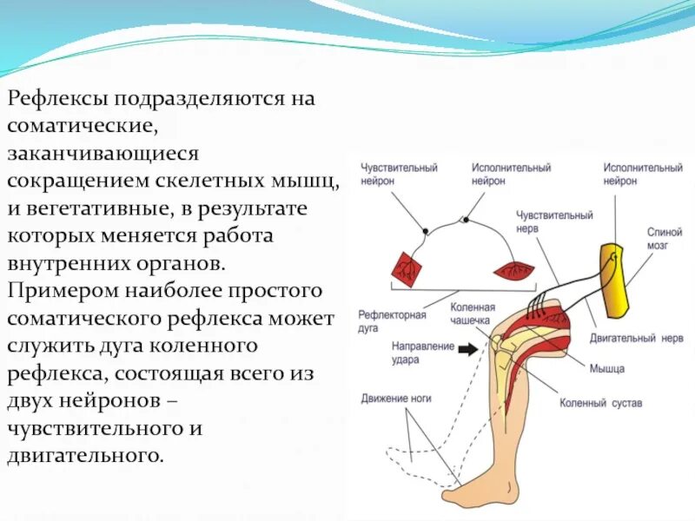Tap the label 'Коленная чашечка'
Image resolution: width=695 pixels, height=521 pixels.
[x=473, y=313]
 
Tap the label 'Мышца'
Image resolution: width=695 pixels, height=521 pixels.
[x=606, y=368]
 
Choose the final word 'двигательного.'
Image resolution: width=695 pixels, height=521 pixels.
[x=85, y=455]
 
